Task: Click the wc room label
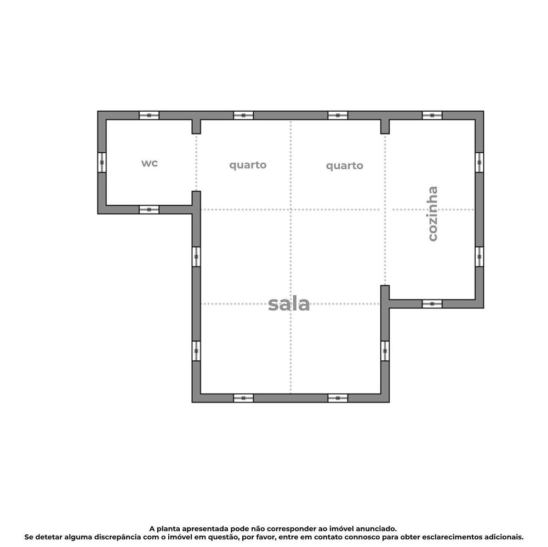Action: click(150, 163)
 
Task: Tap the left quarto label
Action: click(248, 165)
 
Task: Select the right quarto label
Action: click(345, 165)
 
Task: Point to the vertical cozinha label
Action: click(433, 214)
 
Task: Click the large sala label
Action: click(289, 304)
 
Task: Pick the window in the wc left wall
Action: click(102, 163)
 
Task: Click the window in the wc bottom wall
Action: click(149, 210)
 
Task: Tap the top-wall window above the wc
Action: click(149, 116)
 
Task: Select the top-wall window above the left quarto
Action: click(243, 116)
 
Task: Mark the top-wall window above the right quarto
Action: click(338, 116)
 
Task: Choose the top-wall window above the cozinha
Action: click(432, 116)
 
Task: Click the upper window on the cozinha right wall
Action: click(479, 163)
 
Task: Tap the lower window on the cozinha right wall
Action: click(479, 257)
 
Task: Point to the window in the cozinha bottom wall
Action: click(432, 304)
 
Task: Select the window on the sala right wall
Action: click(385, 351)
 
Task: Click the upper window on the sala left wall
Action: click(196, 257)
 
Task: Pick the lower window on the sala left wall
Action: click(196, 351)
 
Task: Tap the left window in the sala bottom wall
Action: click(243, 398)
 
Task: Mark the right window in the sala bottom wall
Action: click(338, 398)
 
